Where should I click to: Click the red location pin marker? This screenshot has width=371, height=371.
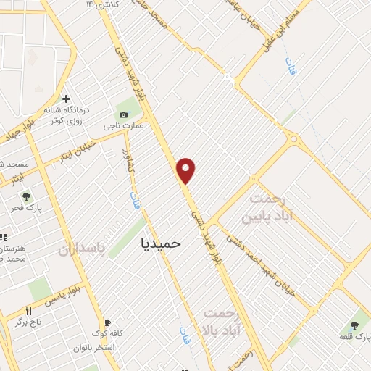(187, 170)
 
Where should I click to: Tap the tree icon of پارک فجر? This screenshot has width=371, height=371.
(27, 196)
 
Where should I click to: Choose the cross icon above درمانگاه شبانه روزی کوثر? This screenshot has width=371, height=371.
(66, 99)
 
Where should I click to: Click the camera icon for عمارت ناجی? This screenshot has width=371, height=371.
(122, 115)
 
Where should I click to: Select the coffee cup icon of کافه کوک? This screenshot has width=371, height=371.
(107, 323)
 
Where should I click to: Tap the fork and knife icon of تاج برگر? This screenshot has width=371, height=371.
(29, 312)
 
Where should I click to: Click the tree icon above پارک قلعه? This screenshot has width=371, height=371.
(354, 325)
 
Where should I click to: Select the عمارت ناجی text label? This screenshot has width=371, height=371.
(123, 125)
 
